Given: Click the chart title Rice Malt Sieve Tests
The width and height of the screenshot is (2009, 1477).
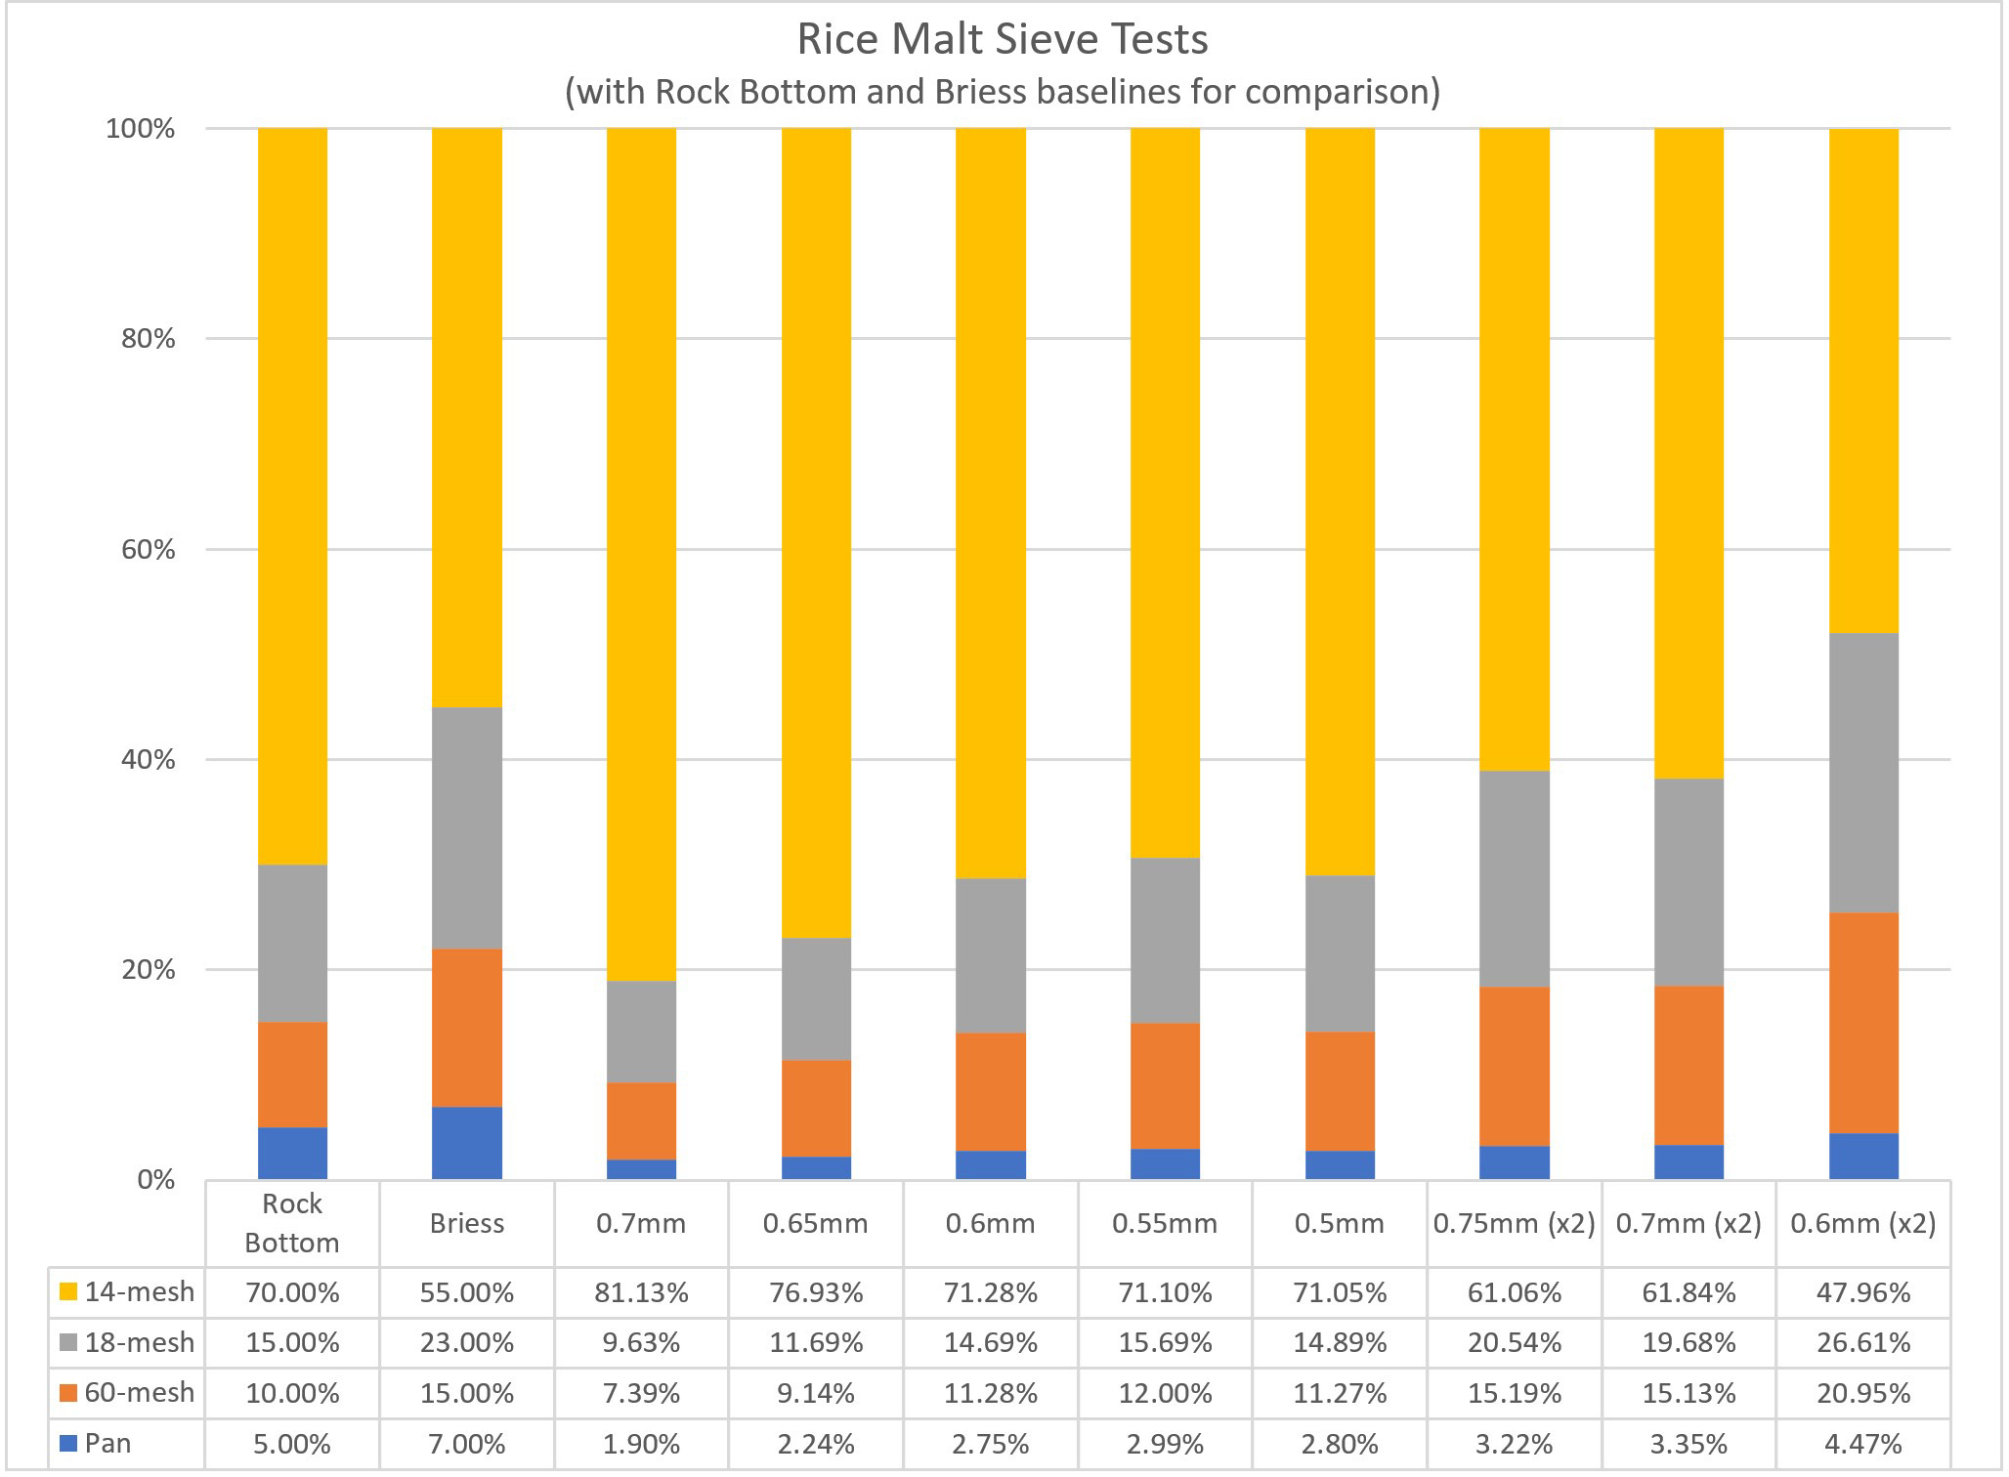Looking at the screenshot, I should click(x=1003, y=40).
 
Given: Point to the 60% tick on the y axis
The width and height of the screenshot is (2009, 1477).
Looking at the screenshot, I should click(x=141, y=549).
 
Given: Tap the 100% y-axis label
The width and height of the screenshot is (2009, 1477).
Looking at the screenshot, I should click(x=141, y=128).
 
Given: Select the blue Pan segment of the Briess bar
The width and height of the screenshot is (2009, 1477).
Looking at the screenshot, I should click(x=467, y=1143).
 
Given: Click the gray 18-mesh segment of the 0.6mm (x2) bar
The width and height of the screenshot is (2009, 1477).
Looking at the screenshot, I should click(x=1863, y=773).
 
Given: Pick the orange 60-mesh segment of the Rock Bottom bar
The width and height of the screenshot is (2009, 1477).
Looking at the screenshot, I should click(x=292, y=1075).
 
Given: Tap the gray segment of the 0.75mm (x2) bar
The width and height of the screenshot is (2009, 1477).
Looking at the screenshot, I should click(x=1515, y=878).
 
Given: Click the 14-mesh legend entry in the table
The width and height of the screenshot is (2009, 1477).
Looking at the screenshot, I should click(x=127, y=1291).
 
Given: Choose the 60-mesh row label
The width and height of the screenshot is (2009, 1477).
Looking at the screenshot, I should click(x=127, y=1392).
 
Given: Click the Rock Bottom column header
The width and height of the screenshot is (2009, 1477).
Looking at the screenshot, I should click(x=292, y=1223).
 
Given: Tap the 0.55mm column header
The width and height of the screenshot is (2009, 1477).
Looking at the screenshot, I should click(x=1165, y=1223).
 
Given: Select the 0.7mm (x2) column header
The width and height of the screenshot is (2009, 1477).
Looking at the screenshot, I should click(x=1688, y=1223).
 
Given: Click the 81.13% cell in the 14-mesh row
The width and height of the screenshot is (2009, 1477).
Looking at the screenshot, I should click(x=641, y=1292).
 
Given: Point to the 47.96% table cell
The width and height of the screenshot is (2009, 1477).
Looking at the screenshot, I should click(x=1863, y=1292).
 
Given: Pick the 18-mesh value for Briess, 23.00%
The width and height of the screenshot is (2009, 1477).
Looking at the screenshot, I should click(x=467, y=1342).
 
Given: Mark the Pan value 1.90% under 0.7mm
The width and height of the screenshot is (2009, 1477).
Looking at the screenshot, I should click(x=641, y=1443).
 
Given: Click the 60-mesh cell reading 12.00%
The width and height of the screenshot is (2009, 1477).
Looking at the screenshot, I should click(x=1165, y=1393).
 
